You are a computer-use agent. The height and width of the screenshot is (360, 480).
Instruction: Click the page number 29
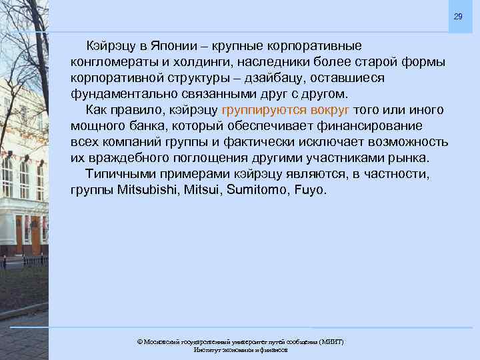pyautogui.click(x=457, y=16)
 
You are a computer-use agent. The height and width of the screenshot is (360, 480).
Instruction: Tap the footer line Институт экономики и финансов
pyautogui.click(x=240, y=350)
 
